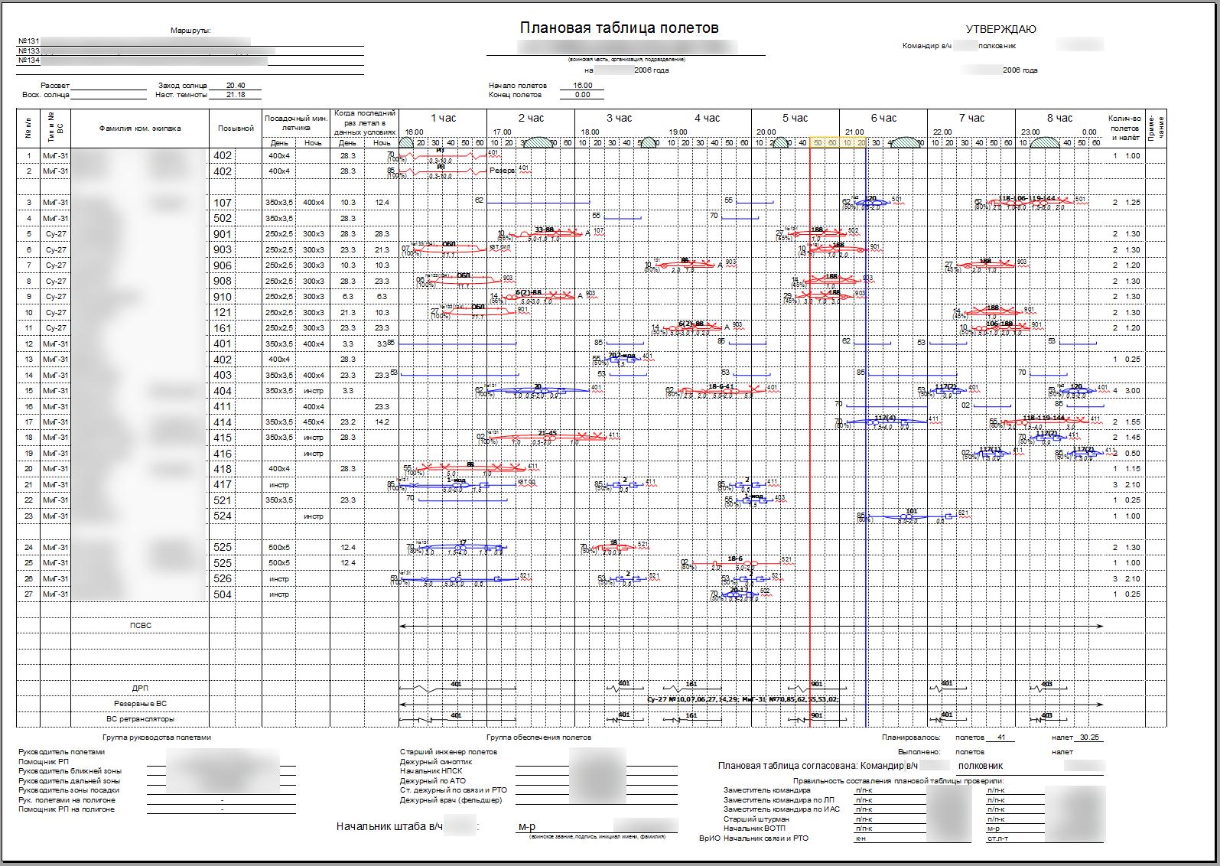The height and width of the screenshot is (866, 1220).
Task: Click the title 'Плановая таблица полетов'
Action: pos(619,28)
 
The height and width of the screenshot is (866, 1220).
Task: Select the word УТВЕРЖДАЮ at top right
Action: pos(1000,29)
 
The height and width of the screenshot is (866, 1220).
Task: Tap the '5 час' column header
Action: pos(795,118)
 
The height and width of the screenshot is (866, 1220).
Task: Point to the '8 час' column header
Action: pos(1059,118)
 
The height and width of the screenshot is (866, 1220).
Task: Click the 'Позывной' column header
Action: pos(236,129)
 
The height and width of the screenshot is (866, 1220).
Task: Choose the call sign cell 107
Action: pos(223,203)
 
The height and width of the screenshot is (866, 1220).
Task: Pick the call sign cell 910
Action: pos(223,297)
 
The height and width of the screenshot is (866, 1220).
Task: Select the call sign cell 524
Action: pos(223,516)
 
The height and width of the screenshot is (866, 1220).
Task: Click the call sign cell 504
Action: pos(223,594)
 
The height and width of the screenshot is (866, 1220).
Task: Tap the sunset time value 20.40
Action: pos(236,86)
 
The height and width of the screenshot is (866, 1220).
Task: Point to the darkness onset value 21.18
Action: pos(236,95)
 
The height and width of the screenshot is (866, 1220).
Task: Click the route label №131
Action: pos(29,41)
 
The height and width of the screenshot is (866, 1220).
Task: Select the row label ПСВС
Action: pos(140,626)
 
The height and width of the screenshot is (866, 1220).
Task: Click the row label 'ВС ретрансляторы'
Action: pos(140,719)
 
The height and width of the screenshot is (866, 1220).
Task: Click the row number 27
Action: pos(29,594)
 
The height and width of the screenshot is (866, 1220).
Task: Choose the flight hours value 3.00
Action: pos(1131,391)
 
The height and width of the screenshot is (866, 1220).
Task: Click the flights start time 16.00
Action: pos(582,86)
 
